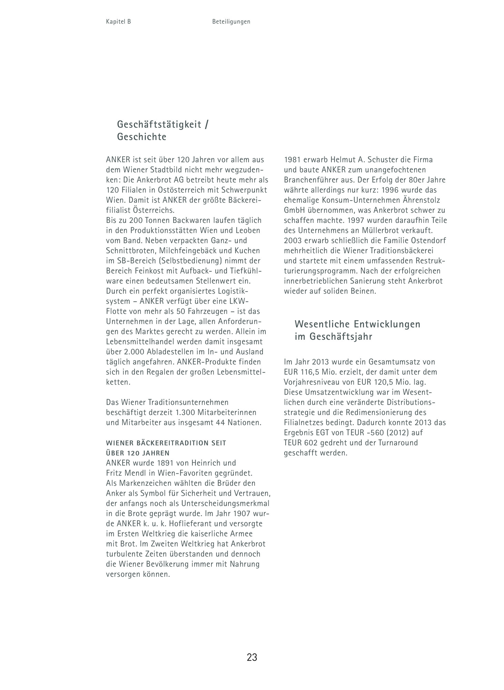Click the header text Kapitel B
[118, 22]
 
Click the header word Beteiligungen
[231, 22]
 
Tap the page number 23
[252, 657]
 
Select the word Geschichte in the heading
[142, 137]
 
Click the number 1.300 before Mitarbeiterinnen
[186, 412]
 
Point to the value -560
[372, 433]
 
